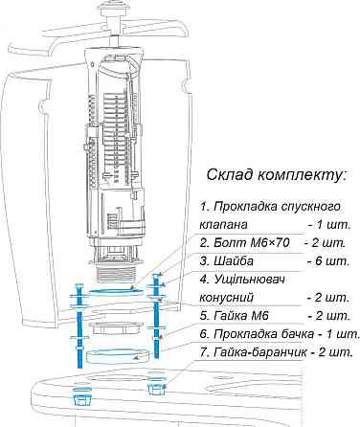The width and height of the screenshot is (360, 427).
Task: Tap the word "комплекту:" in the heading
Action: (x=302, y=175)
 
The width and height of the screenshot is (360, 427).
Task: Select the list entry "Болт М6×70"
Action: (x=251, y=243)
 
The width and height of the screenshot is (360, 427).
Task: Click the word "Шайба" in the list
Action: (x=234, y=261)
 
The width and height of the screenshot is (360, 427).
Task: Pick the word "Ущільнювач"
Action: (x=249, y=280)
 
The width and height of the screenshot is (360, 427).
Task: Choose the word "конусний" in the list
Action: (x=226, y=298)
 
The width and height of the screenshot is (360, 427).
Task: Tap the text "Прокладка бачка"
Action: (x=263, y=334)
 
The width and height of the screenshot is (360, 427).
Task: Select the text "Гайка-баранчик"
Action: (x=260, y=352)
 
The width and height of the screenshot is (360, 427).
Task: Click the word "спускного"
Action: (x=311, y=207)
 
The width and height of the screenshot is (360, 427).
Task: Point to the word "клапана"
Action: (x=223, y=224)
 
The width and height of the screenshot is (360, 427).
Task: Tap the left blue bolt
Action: (x=79, y=326)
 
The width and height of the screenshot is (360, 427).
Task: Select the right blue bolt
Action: (x=156, y=315)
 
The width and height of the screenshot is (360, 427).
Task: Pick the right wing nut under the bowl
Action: (x=156, y=388)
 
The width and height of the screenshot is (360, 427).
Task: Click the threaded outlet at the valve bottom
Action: (x=117, y=275)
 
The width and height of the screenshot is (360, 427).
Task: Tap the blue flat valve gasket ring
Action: (x=116, y=292)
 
